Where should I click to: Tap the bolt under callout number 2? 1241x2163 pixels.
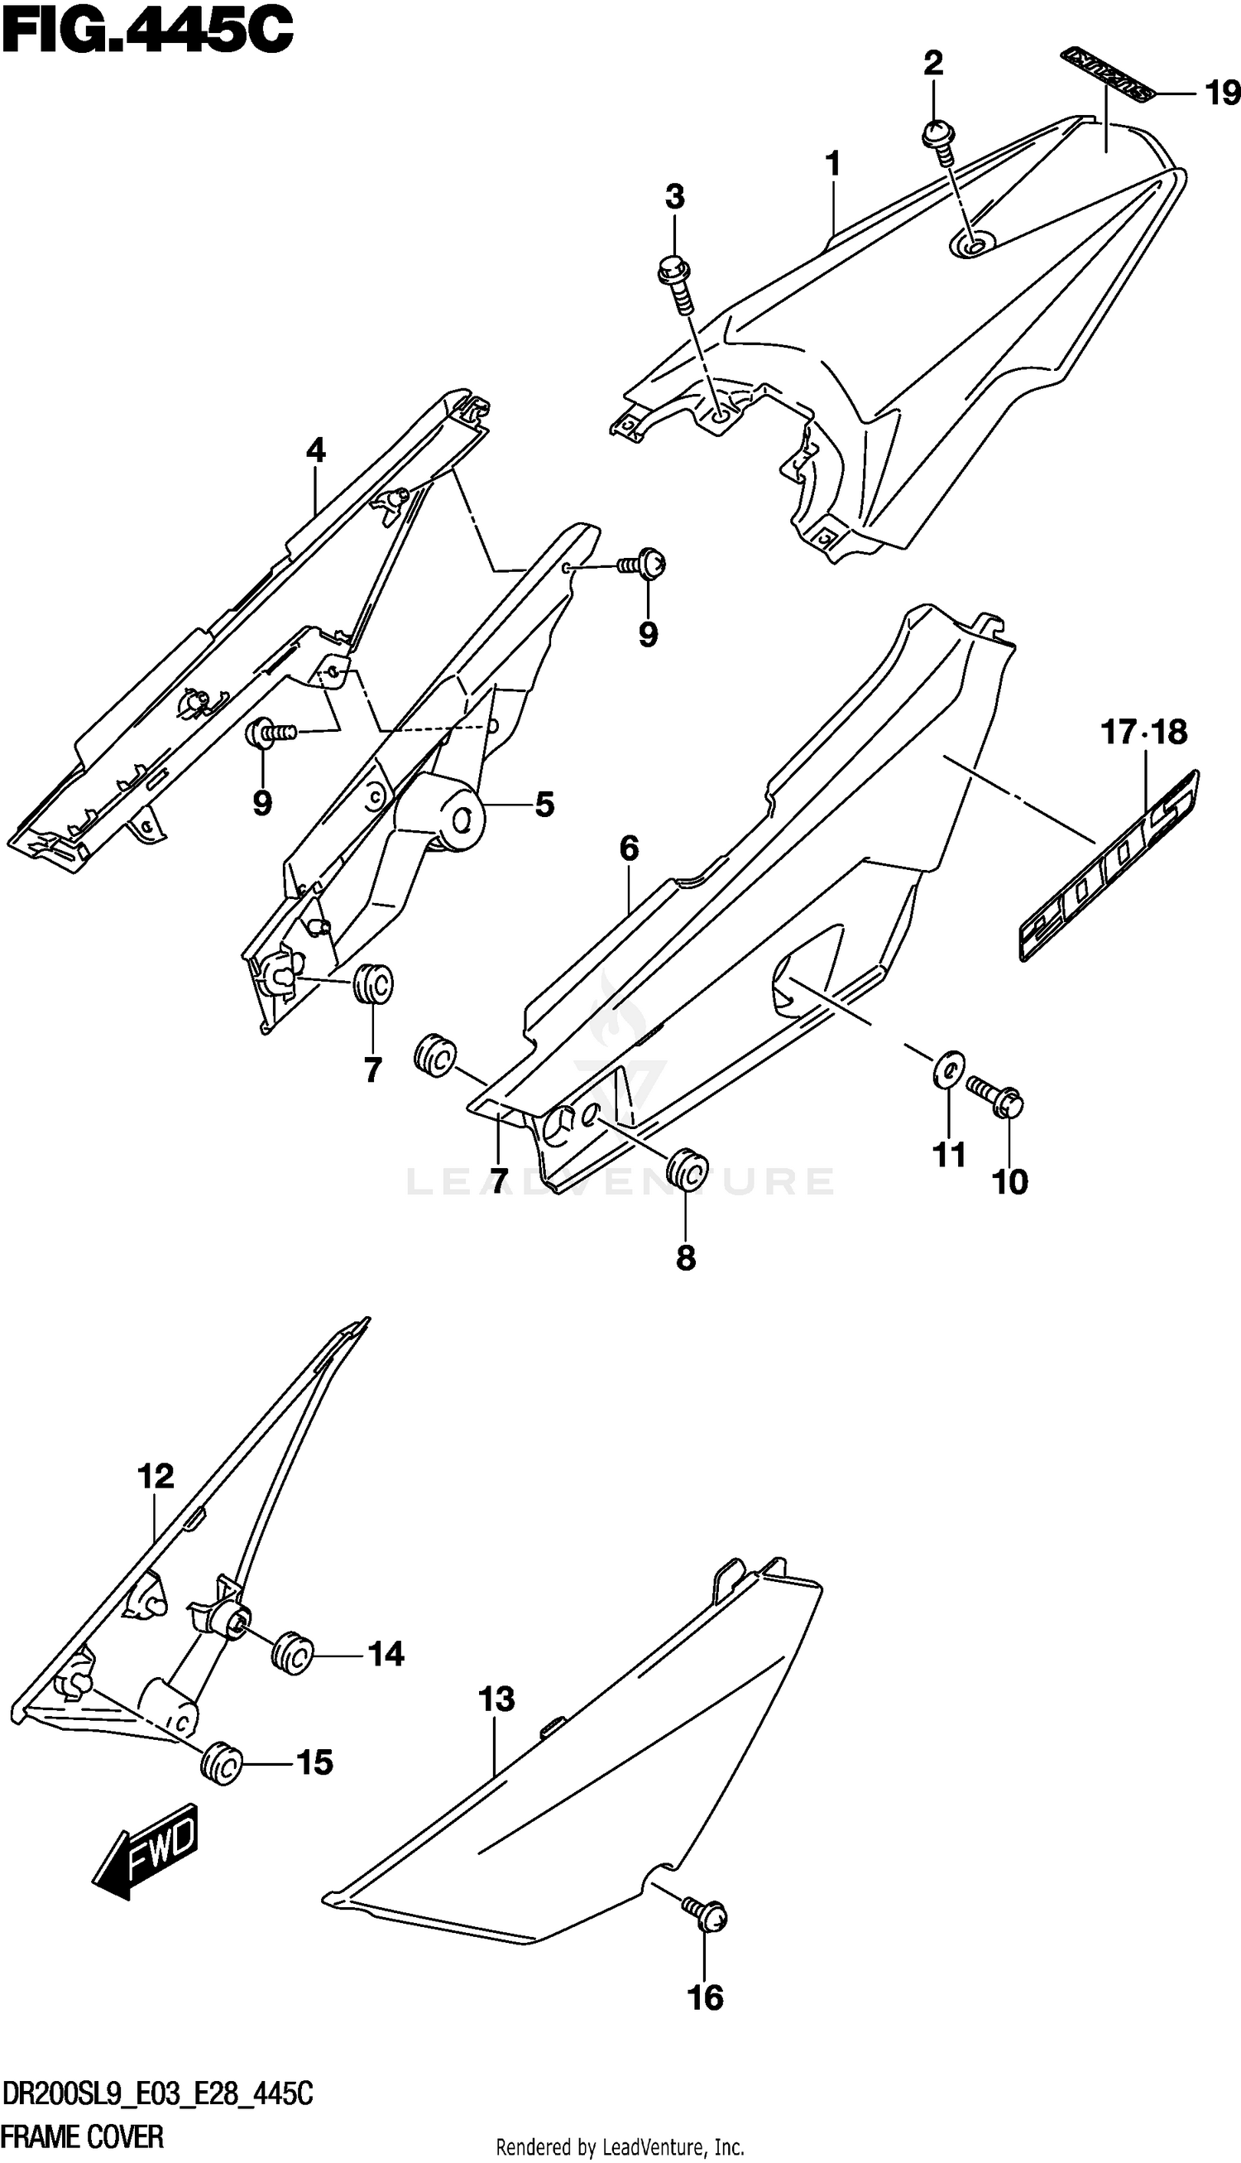(x=938, y=139)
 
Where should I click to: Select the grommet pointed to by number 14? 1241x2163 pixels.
(x=292, y=1655)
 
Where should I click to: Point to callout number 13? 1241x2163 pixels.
(x=496, y=1699)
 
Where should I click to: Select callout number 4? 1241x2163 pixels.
(x=315, y=449)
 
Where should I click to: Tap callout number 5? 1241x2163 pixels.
(x=544, y=804)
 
